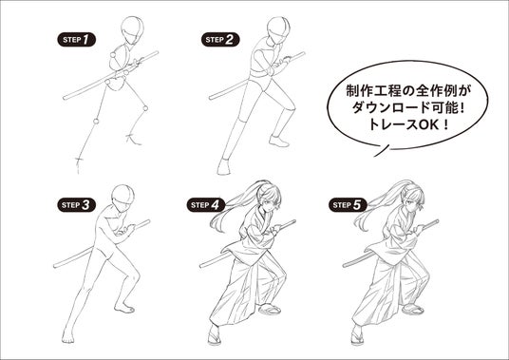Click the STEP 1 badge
77,40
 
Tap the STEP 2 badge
220,40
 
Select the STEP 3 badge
77,205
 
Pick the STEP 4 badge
206,205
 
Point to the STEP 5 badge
348,205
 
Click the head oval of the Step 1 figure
132,30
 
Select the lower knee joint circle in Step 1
96,122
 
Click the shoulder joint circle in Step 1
113,55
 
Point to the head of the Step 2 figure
278,30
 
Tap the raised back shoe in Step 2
278,142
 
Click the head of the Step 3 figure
123,198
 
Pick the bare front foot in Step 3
68,335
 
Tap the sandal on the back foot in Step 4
270,310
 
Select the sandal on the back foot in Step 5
412,309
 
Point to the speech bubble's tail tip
374,157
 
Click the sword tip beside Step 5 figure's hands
437,221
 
